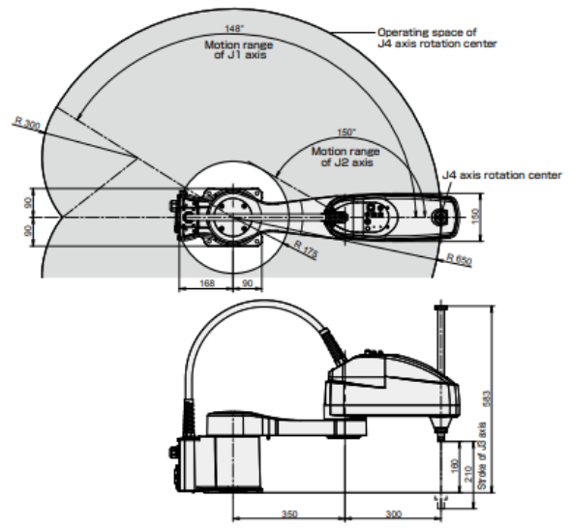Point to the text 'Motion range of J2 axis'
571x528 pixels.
[345, 156]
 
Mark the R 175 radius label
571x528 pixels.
[305, 248]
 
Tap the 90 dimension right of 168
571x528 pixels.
[246, 282]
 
